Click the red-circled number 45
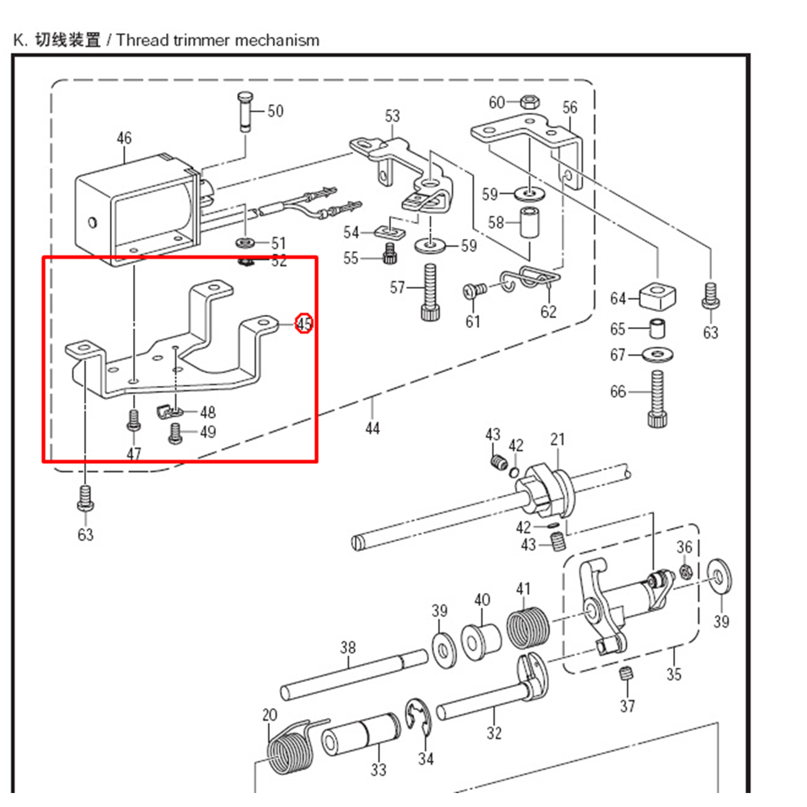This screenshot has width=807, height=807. pyautogui.click(x=304, y=323)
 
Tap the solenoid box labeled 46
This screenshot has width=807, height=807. pyautogui.click(x=134, y=210)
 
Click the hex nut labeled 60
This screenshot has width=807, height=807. pyautogui.click(x=530, y=102)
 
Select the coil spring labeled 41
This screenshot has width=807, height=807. pyautogui.click(x=528, y=627)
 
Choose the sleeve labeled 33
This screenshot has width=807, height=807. pyautogui.click(x=360, y=734)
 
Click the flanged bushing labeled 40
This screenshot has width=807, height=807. pyautogui.click(x=480, y=641)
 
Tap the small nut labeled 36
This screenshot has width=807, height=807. pyautogui.click(x=685, y=571)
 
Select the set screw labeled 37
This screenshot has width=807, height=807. pyautogui.click(x=626, y=674)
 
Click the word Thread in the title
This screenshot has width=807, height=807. pyautogui.click(x=143, y=40)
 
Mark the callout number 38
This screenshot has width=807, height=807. pyautogui.click(x=348, y=647)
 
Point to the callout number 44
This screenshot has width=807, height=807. pyautogui.click(x=372, y=428)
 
